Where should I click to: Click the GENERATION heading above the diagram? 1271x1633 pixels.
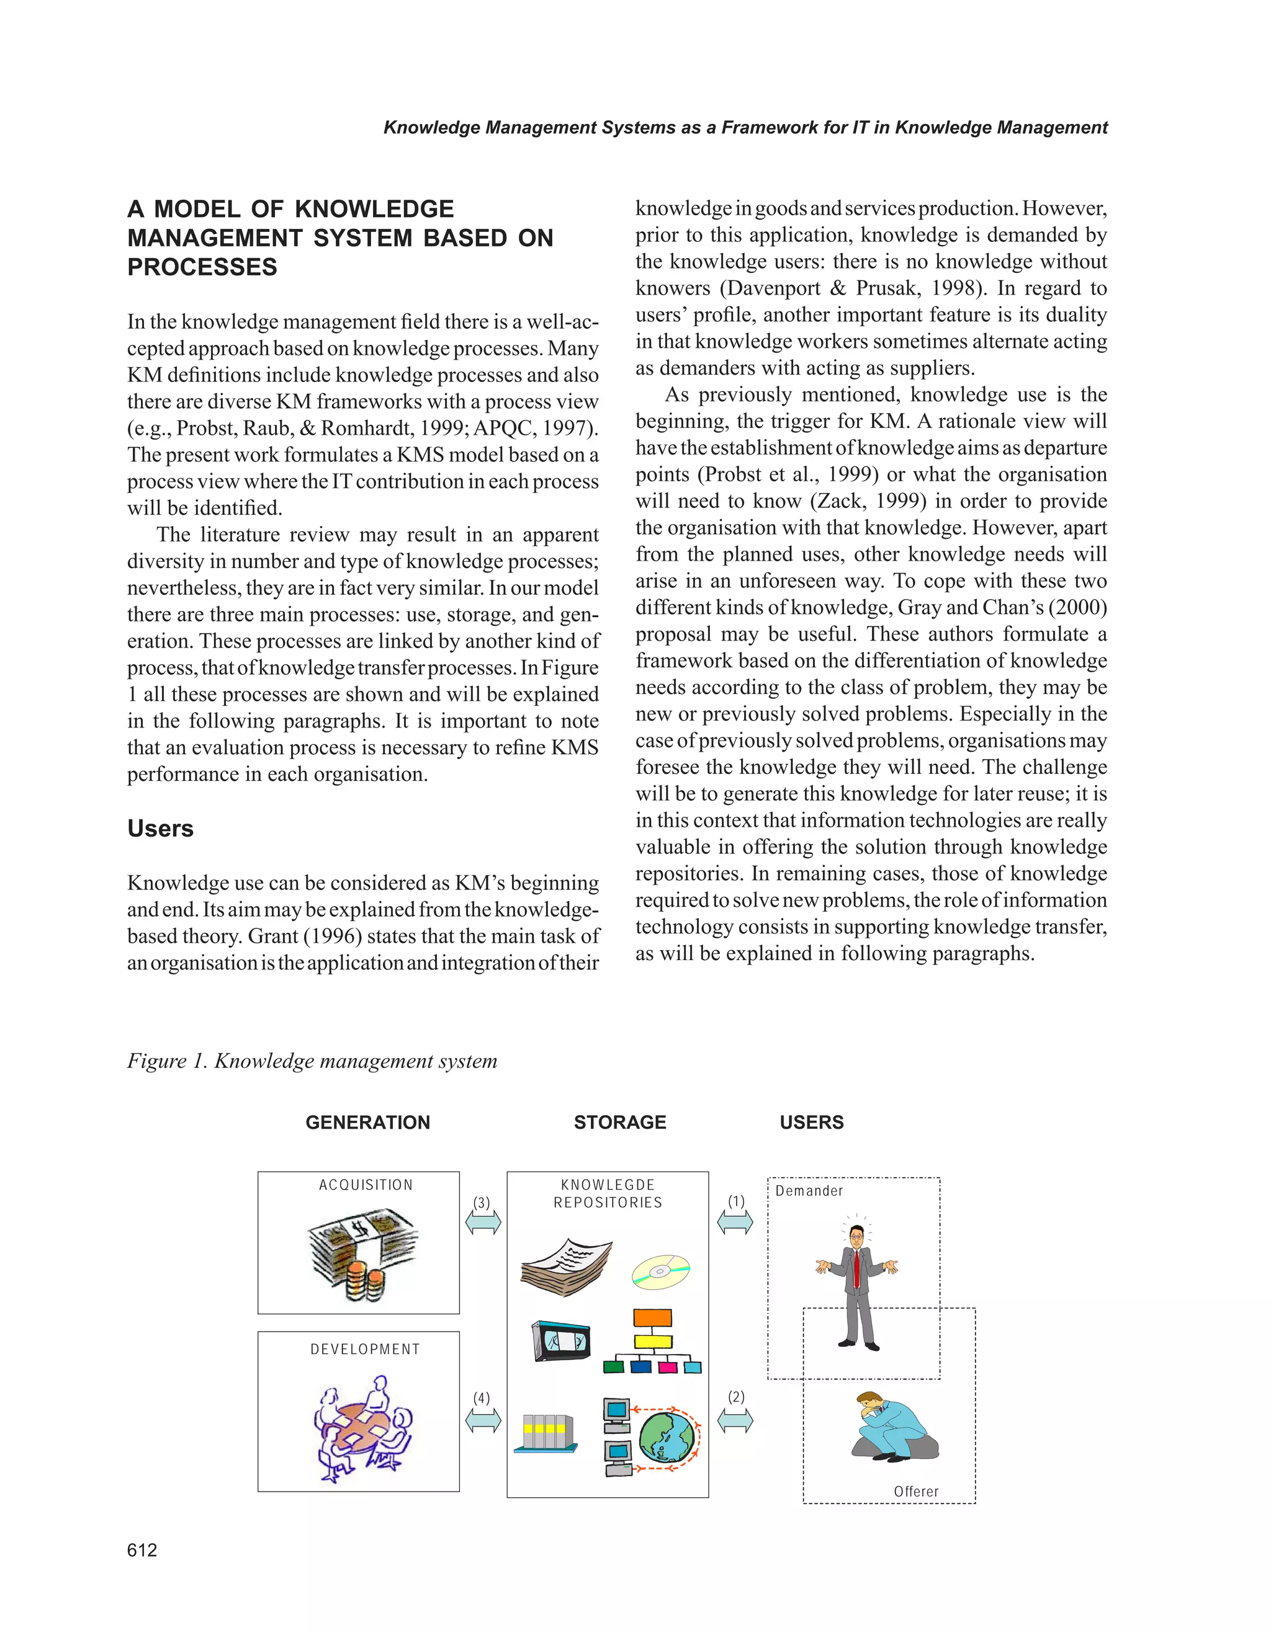367,1123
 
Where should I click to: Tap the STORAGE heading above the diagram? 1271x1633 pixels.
619,1123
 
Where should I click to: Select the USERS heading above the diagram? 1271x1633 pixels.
811,1123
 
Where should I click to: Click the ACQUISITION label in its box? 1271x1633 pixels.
365,1185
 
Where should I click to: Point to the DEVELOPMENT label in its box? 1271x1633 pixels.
365,1350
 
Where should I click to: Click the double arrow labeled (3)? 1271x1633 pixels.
483,1222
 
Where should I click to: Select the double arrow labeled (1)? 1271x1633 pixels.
735,1222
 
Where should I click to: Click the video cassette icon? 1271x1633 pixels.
561,1341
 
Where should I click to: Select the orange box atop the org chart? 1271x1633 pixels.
652,1317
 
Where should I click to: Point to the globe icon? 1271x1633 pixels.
668,1437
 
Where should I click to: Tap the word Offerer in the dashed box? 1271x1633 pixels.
915,1492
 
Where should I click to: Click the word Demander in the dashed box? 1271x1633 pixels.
809,1191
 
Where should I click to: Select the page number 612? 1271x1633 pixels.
142,1550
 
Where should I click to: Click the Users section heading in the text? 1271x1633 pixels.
160,829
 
